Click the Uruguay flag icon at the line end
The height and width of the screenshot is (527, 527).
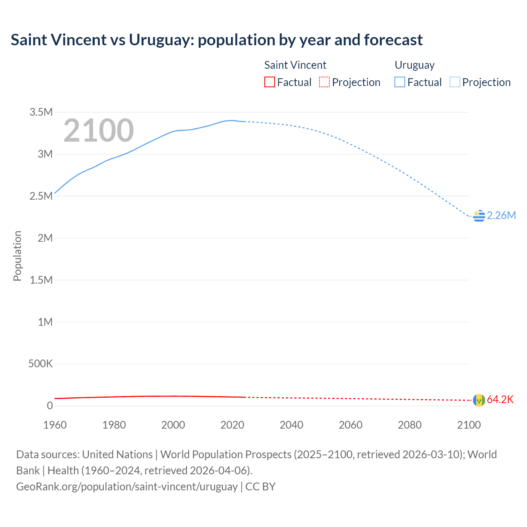click(479, 216)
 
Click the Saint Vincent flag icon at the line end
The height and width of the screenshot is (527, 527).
click(479, 400)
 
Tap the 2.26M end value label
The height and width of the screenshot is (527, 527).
click(501, 216)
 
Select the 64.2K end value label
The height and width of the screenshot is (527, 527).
click(500, 400)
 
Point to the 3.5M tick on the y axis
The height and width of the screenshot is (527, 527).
click(41, 112)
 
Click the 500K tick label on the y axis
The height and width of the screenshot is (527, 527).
click(40, 364)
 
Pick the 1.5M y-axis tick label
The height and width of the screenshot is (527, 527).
click(41, 280)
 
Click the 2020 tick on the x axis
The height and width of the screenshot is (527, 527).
click(232, 425)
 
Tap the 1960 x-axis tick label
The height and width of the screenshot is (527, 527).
click(55, 425)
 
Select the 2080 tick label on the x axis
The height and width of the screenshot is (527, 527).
click(410, 425)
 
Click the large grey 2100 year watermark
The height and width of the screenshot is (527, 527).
click(98, 131)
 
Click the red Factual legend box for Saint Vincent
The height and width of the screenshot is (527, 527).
click(270, 82)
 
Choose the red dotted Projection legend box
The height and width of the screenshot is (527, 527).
click(324, 82)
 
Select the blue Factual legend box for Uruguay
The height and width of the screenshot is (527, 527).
click(400, 82)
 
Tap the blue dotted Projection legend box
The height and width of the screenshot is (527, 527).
click(455, 82)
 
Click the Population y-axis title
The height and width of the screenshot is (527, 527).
click(17, 256)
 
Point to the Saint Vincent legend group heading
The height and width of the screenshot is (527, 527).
click(295, 65)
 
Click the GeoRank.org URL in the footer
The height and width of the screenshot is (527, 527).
click(127, 487)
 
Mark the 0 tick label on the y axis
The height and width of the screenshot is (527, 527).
click(50, 406)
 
